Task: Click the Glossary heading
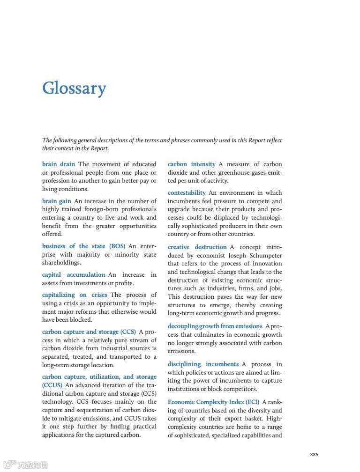click(74, 88)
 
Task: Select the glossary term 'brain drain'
click(59, 164)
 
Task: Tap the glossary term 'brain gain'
click(57, 201)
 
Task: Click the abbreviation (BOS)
click(117, 246)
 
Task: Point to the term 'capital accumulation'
click(74, 275)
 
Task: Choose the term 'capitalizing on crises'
click(75, 295)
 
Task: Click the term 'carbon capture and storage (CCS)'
click(89, 332)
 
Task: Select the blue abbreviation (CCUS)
click(52, 385)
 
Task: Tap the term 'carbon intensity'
click(192, 164)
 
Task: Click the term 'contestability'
click(187, 193)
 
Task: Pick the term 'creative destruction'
click(197, 247)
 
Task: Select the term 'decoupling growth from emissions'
click(215, 326)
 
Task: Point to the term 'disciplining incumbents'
click(203, 364)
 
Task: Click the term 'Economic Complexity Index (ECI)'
click(214, 402)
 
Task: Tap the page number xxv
click(314, 454)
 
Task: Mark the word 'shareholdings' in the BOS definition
click(61, 263)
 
